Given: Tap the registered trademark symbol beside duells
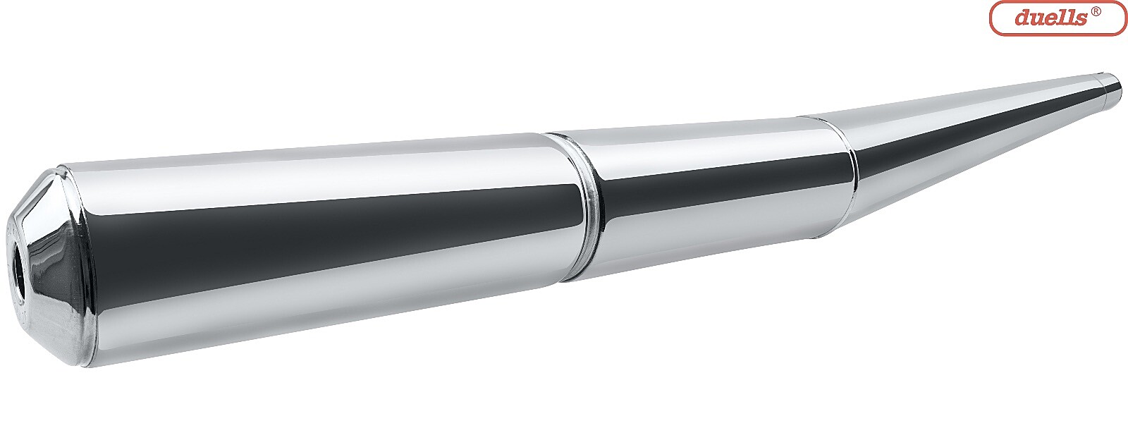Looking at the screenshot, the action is (x=1096, y=13).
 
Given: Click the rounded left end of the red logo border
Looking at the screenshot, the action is (x=991, y=18).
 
